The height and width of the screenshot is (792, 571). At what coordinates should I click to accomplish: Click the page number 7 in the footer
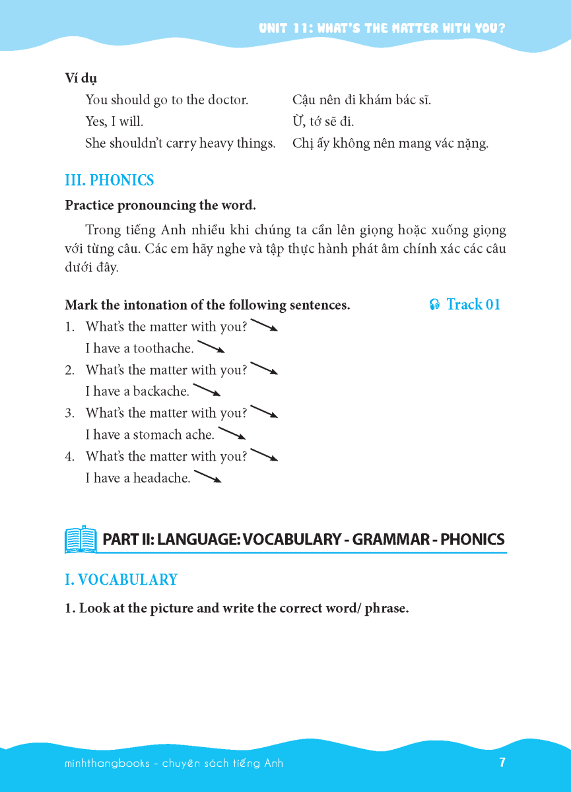pos(502,762)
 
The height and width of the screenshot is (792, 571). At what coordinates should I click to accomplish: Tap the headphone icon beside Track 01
pos(434,305)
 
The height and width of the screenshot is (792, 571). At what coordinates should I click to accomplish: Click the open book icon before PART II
pos(81,539)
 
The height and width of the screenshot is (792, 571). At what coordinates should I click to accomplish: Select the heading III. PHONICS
pos(110,180)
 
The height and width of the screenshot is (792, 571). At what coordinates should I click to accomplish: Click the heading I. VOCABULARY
pos(121,579)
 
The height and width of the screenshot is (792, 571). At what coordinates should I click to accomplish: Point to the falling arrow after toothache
pos(211,346)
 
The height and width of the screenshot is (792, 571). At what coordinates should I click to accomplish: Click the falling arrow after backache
pos(206,390)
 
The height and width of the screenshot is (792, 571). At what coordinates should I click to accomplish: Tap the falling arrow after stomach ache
pos(232,434)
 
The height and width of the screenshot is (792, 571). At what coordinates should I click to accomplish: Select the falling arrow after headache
pos(207,477)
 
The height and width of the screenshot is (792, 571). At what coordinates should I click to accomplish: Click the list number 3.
pos(69,413)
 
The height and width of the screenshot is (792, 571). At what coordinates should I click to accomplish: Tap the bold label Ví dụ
pos(81,78)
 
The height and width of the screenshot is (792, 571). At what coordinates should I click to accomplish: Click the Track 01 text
pos(473,304)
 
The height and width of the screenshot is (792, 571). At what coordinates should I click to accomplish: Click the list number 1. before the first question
pos(69,327)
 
